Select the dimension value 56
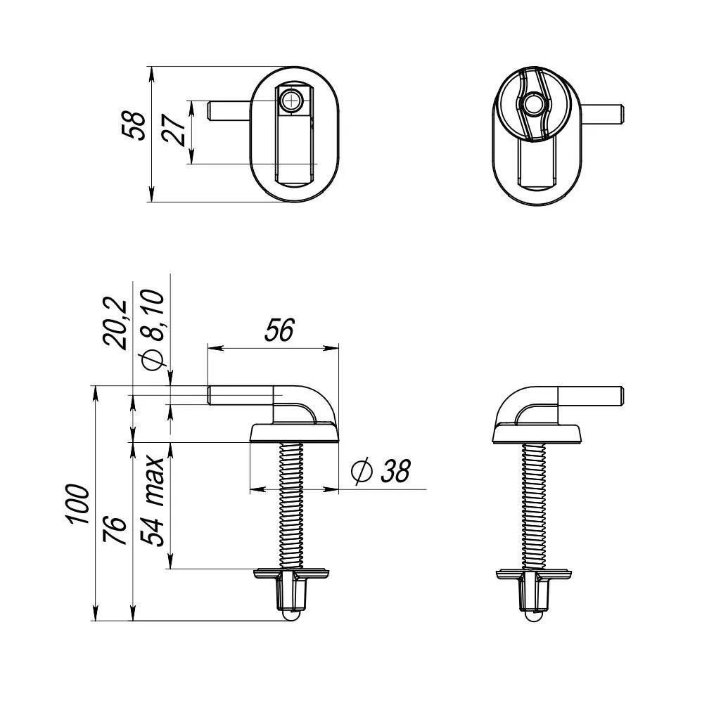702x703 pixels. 279,330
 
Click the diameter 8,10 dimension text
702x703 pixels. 153,330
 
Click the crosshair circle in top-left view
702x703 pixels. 291,101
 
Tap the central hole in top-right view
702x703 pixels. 533,105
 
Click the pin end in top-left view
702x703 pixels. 212,111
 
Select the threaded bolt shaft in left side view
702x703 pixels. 294,503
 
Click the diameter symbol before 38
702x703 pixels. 361,472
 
